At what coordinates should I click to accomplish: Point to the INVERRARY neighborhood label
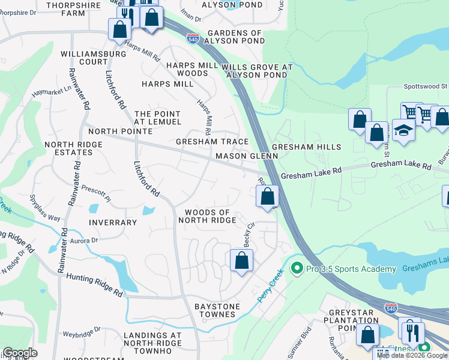tap(113, 222)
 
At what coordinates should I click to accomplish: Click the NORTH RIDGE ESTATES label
tap(77, 148)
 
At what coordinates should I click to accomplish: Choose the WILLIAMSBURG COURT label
tap(93, 58)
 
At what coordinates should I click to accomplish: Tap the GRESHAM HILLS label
tap(306, 147)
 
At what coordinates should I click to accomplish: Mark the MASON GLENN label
tap(247, 156)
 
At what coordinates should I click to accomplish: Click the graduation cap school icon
tap(404, 131)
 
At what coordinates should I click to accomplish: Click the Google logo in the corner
tap(19, 353)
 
